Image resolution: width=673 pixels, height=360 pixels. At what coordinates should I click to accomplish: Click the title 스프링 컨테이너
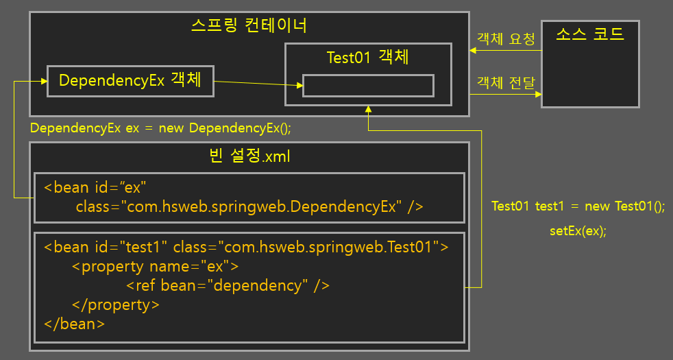coord(248,26)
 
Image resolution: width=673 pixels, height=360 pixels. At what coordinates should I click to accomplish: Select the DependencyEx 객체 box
coord(130,81)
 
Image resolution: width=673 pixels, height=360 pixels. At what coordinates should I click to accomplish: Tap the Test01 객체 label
coord(369,57)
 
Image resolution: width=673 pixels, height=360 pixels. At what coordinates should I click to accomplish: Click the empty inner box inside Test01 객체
coord(368,86)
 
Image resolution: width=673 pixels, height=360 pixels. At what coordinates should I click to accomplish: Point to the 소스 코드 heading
coord(590,34)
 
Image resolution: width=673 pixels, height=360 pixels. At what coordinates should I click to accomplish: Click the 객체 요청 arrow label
coord(506,38)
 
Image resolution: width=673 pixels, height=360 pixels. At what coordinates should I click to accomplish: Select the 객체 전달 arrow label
coord(506,83)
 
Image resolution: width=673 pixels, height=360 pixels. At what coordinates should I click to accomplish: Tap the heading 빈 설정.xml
coord(249,156)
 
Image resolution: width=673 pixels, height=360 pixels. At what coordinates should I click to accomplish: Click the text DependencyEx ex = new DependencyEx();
coord(165,128)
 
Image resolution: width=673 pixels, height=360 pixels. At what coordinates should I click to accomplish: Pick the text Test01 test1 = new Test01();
coord(578,206)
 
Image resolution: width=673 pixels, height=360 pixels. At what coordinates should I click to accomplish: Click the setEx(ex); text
coord(578,230)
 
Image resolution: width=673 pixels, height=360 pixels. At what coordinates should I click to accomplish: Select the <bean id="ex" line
coord(95,187)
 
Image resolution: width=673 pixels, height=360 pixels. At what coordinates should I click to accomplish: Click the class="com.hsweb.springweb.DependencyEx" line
coord(249,206)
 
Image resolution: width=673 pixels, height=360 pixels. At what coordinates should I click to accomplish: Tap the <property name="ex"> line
coord(155,266)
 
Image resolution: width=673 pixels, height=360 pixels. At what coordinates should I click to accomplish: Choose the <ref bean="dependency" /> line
coord(228,285)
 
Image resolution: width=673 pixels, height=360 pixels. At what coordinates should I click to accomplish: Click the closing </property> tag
coord(115,304)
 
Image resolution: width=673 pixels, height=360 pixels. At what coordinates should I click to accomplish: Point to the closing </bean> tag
coord(74,323)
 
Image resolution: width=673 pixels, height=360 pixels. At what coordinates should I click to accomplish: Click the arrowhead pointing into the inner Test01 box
coord(299,86)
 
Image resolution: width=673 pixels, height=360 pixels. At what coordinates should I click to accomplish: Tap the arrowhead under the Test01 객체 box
coord(368,110)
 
